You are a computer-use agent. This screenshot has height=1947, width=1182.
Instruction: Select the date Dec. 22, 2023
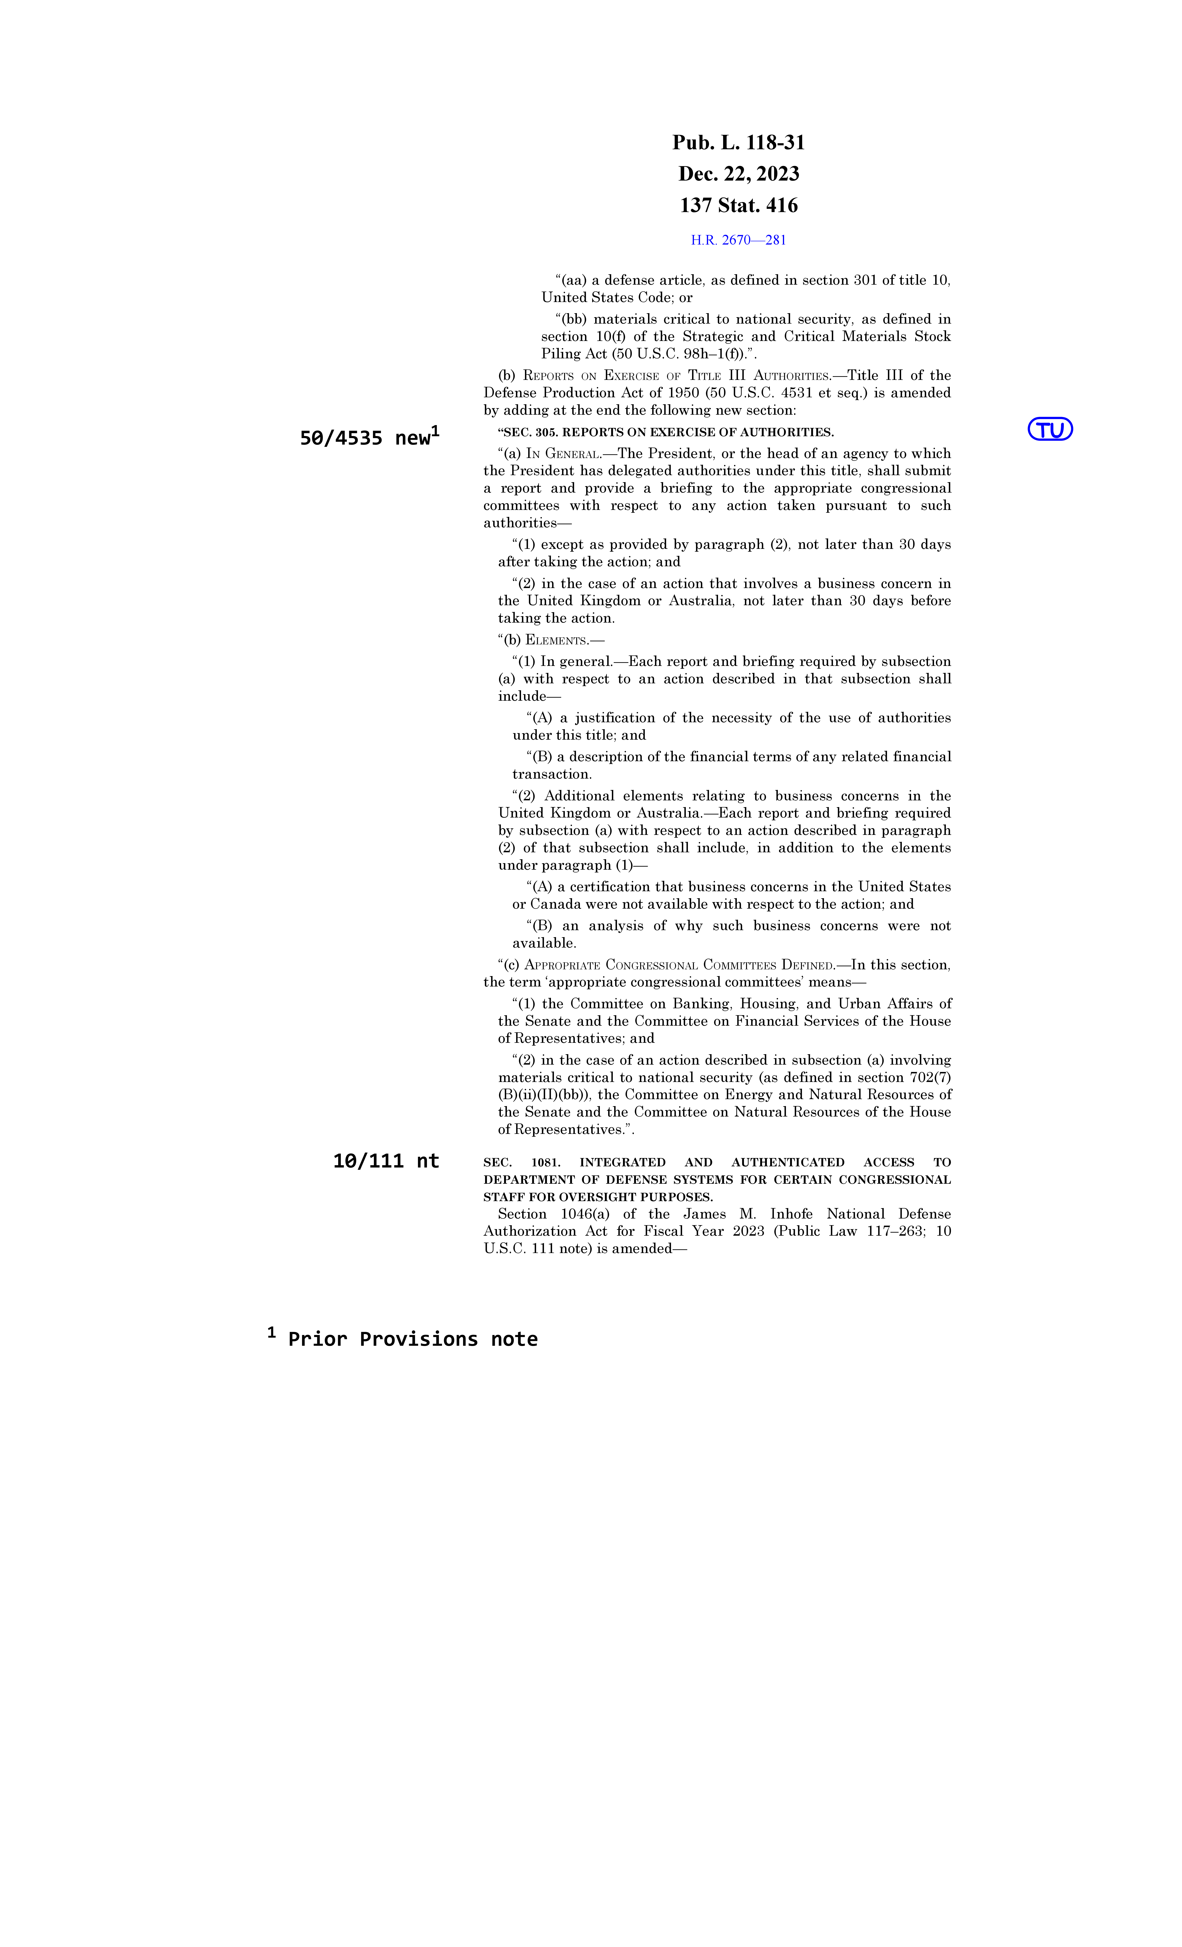point(738,174)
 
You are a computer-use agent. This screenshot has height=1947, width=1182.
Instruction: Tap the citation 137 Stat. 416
point(738,205)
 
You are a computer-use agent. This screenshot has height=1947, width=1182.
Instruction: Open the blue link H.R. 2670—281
point(738,240)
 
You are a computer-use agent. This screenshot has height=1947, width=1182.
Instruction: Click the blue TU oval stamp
point(1049,429)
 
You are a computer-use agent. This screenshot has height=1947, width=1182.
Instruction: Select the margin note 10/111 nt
point(386,1161)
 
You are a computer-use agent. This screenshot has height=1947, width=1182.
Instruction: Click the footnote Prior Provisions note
point(413,1339)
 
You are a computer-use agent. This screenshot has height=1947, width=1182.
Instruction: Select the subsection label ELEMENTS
point(556,640)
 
